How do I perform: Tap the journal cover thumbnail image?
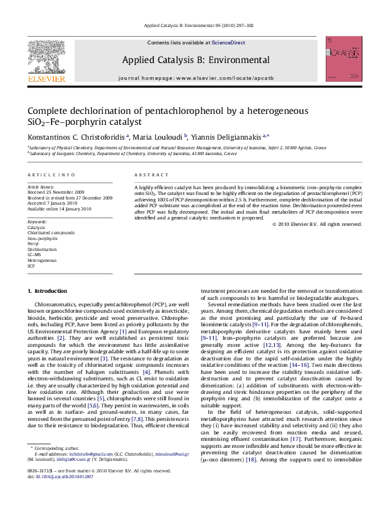pyautogui.click(x=340, y=62)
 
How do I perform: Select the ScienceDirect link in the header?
pyautogui.click(x=229, y=42)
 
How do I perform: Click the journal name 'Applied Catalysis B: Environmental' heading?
pyautogui.click(x=195, y=60)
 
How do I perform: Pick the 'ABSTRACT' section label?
pyautogui.click(x=152, y=175)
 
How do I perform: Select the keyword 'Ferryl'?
pyautogui.click(x=33, y=244)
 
